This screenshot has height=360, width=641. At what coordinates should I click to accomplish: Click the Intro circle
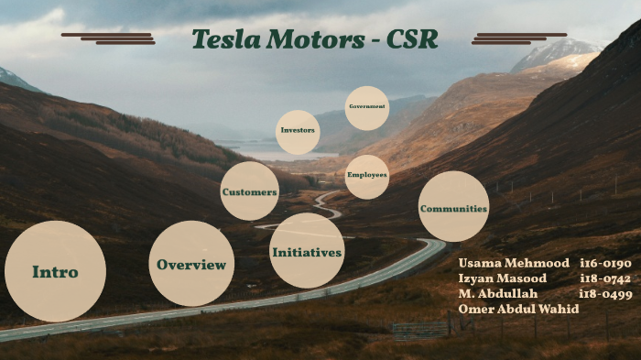[x=55, y=271]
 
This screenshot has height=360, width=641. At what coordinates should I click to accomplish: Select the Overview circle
[x=191, y=264]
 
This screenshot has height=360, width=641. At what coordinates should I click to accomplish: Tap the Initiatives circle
[x=307, y=251]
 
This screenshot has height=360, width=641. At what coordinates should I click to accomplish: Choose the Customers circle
[x=249, y=191]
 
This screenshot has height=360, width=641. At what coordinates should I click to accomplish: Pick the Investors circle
[x=298, y=130]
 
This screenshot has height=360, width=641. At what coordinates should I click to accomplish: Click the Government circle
[x=366, y=107]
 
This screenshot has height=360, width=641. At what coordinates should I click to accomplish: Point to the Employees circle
[x=366, y=175]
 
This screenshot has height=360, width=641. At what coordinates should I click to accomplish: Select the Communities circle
[x=453, y=207]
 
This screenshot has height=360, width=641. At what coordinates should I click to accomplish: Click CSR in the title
[x=411, y=40]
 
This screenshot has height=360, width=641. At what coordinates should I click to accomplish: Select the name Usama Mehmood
[x=505, y=263]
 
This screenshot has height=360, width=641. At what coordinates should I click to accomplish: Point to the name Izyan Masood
[x=502, y=278]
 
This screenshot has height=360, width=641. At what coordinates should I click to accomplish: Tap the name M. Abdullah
[x=498, y=294]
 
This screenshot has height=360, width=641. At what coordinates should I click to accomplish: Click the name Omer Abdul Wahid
[x=518, y=310]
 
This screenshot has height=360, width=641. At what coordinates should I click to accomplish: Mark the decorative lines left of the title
[x=109, y=38]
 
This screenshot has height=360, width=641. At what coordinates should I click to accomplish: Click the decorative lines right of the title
[x=518, y=38]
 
